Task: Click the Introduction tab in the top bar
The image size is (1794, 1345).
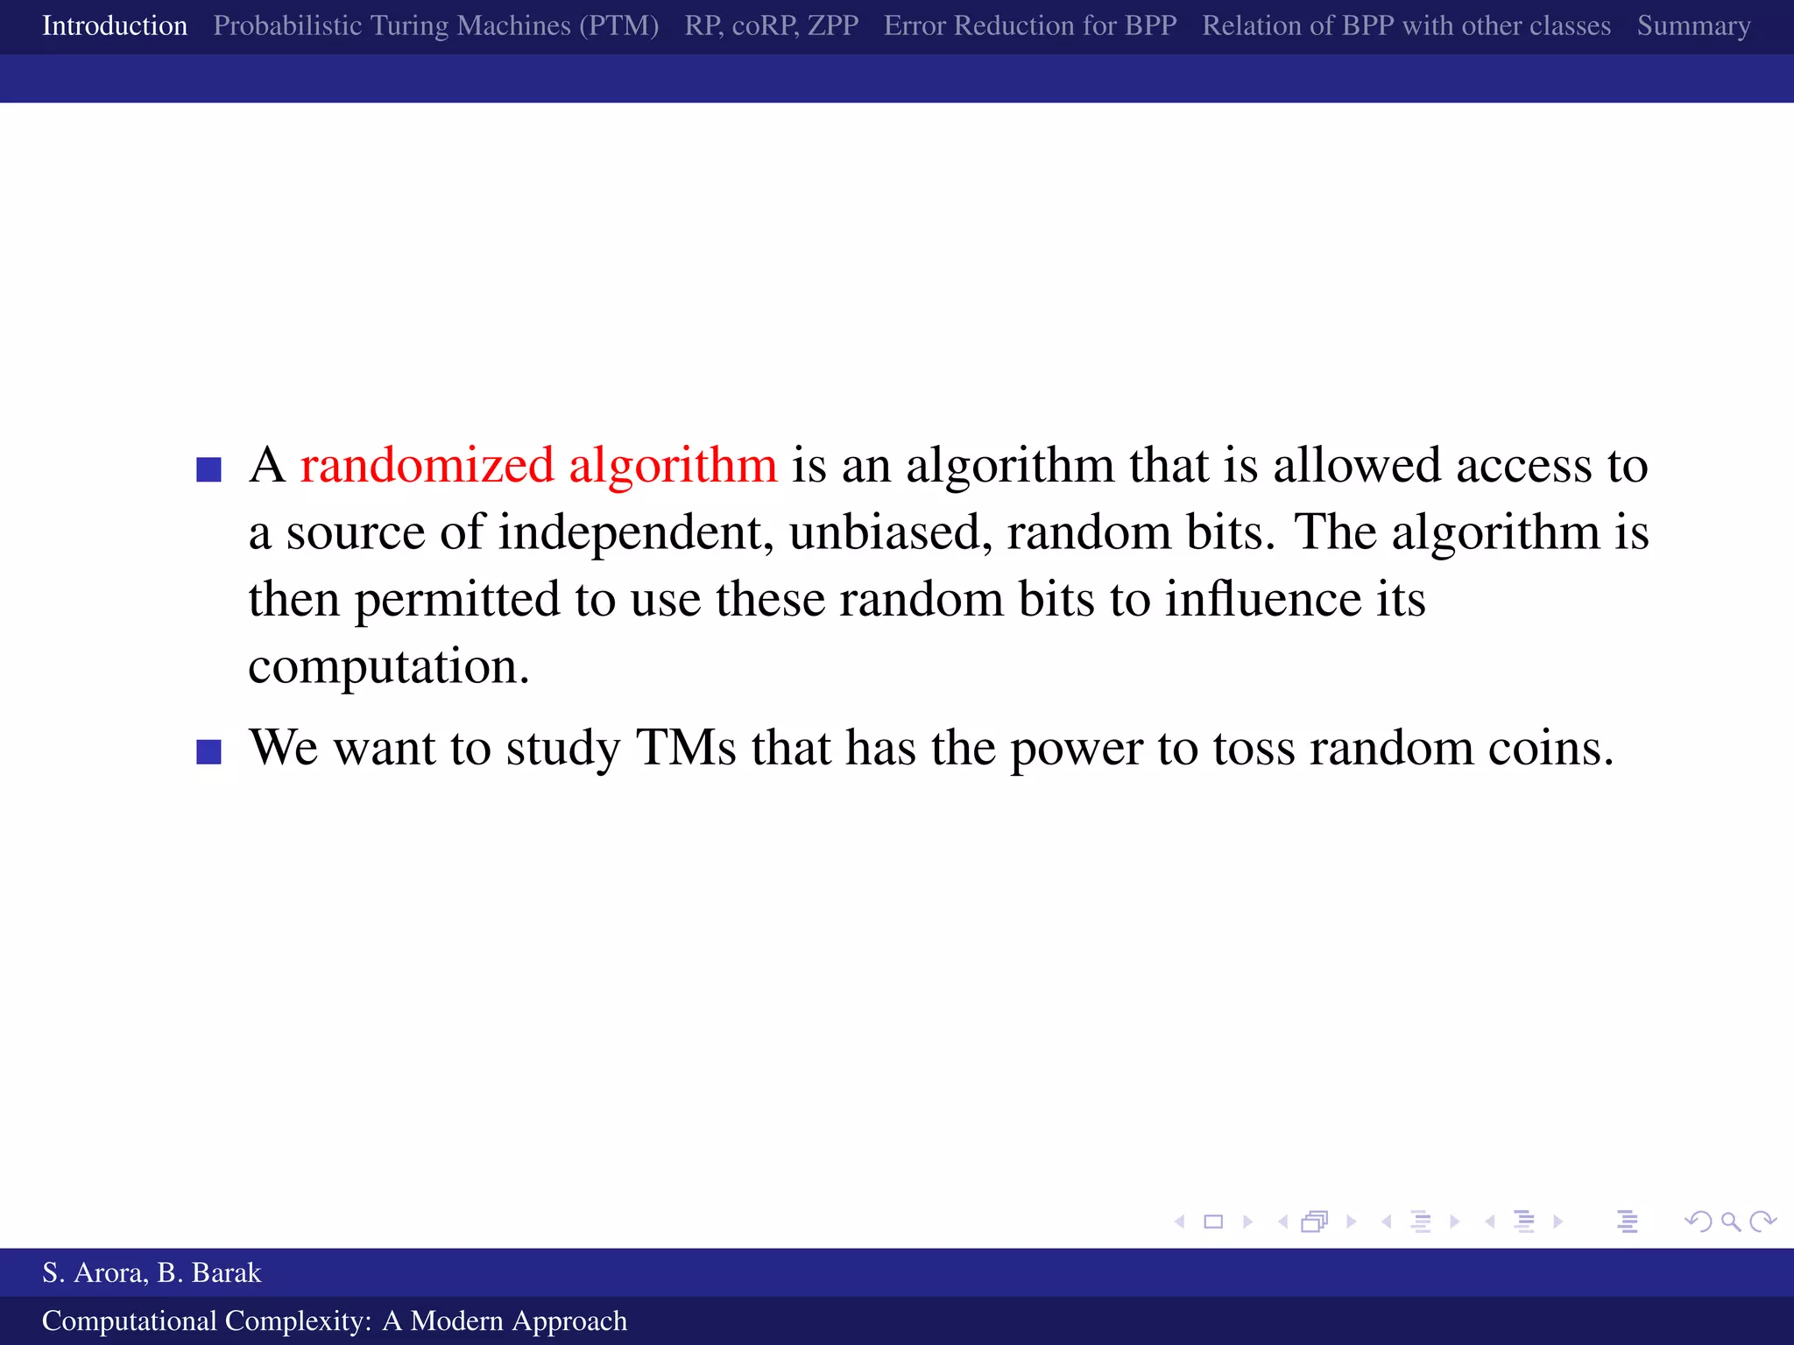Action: pos(115,26)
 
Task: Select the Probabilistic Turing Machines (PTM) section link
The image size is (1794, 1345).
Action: pos(435,26)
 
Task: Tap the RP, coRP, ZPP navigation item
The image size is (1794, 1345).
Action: pos(771,26)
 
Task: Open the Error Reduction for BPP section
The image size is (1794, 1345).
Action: pos(1030,26)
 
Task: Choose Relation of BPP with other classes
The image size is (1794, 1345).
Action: pos(1406,26)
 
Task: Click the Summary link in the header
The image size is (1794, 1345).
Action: pos(1693,26)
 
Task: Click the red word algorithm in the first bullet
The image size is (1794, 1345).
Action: pos(673,466)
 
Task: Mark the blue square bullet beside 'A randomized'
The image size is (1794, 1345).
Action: pos(208,469)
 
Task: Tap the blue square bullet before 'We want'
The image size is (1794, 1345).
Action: pos(208,752)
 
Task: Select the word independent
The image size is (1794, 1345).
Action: pos(636,533)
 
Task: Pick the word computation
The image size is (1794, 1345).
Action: pos(388,668)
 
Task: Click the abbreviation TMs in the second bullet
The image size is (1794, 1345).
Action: pos(686,748)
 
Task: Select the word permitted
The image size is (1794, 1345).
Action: pos(456,601)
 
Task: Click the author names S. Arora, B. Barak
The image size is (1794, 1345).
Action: pos(152,1272)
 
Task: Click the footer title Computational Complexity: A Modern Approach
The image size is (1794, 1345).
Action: pos(335,1320)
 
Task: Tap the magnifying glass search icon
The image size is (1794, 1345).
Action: pos(1730,1222)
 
